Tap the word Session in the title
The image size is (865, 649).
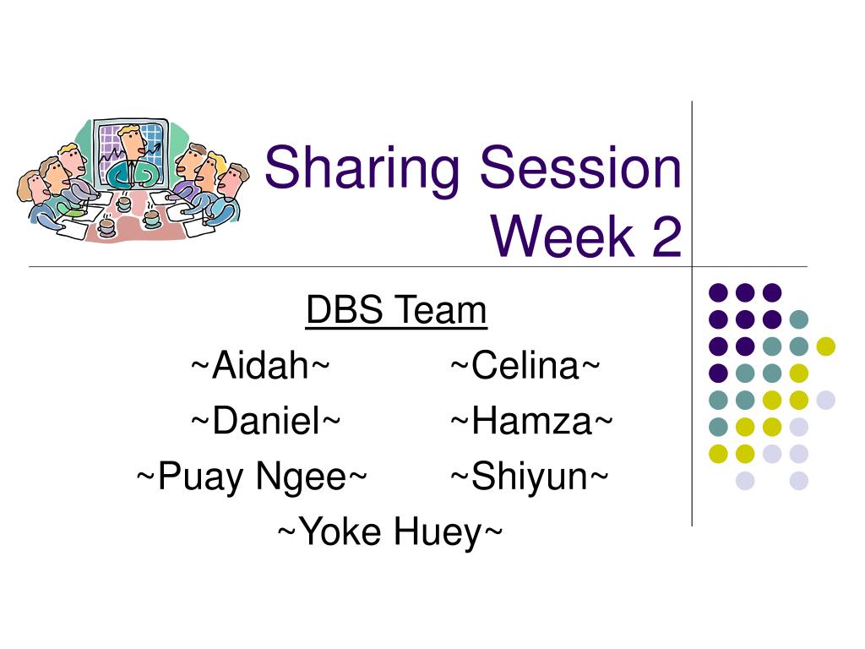tap(581, 166)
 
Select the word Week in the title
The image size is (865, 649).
tap(563, 236)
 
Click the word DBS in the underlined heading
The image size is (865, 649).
tap(345, 309)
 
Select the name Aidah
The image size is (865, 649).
tap(260, 365)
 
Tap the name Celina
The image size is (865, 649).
tap(525, 365)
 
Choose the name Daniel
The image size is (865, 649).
tap(266, 421)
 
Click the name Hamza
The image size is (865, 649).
tap(532, 421)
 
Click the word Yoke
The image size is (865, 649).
tap(341, 531)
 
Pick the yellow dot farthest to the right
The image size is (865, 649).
tap(826, 346)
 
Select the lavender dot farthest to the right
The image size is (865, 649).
tap(826, 400)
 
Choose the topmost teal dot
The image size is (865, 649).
tap(799, 319)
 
